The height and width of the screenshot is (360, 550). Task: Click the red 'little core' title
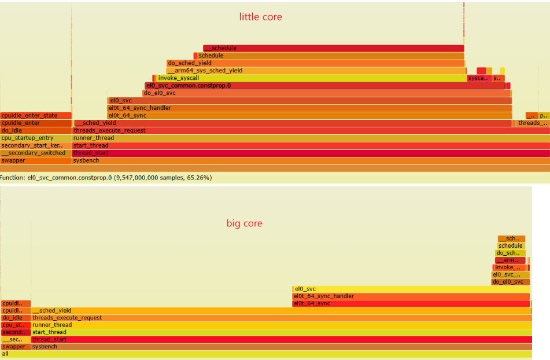click(260, 17)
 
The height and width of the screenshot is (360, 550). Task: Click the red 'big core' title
click(244, 223)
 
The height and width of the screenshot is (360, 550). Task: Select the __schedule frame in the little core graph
click(333, 48)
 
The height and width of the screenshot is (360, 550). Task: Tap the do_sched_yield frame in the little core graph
click(315, 63)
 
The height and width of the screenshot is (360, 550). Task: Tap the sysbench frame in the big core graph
click(281, 347)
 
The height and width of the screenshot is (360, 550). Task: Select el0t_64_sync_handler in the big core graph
click(411, 296)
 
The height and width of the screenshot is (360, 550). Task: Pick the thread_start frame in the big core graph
click(281, 339)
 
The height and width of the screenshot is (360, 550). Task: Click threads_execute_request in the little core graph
click(311, 131)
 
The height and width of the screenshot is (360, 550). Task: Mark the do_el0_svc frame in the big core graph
click(511, 282)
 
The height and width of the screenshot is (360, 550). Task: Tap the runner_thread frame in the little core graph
click(311, 138)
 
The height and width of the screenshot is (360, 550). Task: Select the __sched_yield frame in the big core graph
click(281, 311)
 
